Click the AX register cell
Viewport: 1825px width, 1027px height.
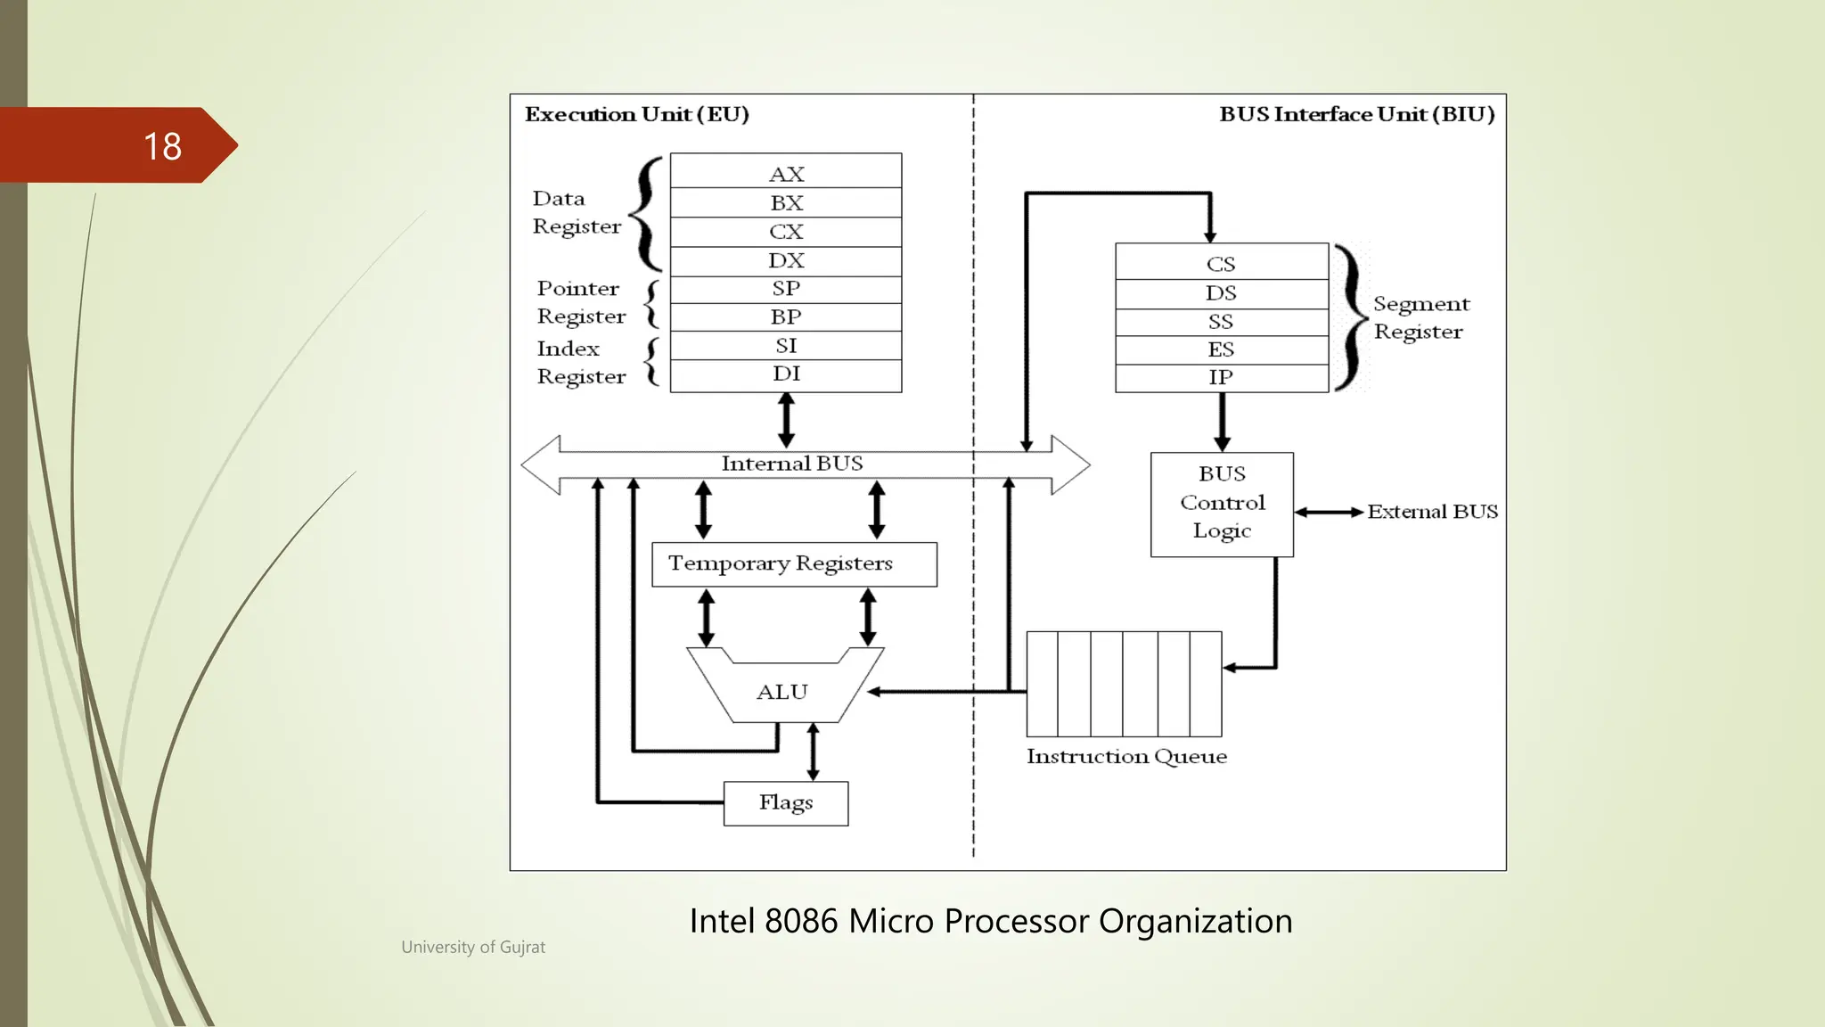coord(786,173)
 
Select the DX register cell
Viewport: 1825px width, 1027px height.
coord(786,260)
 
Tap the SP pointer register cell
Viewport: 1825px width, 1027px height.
coord(786,289)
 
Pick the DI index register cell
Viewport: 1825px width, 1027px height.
coord(786,374)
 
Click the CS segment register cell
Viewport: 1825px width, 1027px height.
coord(1221,264)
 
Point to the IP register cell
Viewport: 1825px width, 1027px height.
coord(1221,377)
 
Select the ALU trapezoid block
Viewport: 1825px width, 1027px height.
coord(782,692)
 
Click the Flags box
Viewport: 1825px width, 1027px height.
coord(785,802)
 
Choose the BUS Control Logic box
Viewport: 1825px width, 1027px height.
coord(1222,504)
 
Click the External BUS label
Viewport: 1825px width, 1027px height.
coord(1432,512)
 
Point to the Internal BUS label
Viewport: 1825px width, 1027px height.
coord(791,464)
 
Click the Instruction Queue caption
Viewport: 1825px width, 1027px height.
coord(1126,756)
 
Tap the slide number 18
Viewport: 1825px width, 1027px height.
coord(162,146)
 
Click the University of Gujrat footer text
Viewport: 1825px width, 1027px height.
coord(472,947)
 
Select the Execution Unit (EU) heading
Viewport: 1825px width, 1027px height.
coord(636,114)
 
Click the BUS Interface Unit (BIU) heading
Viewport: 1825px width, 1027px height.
coord(1356,114)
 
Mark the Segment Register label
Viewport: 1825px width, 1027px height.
coord(1420,317)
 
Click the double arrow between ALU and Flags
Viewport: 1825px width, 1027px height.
coord(813,752)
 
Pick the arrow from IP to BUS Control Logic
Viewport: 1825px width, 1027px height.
coord(1222,422)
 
